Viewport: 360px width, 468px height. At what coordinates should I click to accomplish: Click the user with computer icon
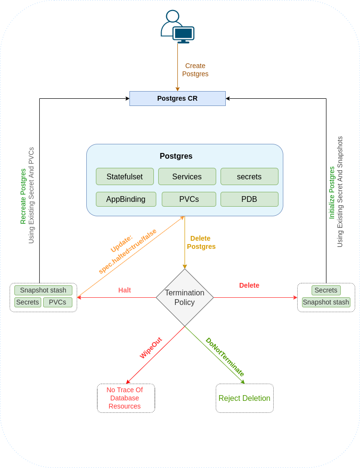tap(177, 27)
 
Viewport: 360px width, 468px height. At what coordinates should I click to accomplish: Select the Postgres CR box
tap(177, 98)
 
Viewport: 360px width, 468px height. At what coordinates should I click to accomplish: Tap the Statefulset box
tap(125, 176)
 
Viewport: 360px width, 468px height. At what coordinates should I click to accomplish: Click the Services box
tap(187, 176)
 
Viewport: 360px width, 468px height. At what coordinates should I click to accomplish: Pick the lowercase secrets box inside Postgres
tap(249, 176)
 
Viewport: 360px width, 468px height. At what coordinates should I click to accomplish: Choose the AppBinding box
tap(126, 199)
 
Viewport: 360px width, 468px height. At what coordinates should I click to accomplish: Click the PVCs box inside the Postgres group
tap(189, 199)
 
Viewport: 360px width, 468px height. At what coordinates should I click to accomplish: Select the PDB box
tap(249, 199)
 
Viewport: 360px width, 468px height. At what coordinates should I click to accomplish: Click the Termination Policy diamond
tap(185, 297)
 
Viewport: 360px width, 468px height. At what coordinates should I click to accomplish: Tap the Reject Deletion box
tap(244, 398)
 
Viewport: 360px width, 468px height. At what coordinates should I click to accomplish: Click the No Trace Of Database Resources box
tap(126, 398)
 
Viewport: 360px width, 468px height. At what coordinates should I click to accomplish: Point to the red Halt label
tap(125, 290)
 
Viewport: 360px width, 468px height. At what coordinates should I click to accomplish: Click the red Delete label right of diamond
tap(249, 285)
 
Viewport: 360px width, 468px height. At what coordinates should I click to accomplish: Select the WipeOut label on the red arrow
tap(151, 348)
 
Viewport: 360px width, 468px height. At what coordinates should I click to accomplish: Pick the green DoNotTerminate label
tap(225, 357)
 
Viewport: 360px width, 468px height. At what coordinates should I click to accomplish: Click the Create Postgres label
tap(195, 70)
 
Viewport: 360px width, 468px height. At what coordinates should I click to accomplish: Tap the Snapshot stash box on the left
tap(43, 290)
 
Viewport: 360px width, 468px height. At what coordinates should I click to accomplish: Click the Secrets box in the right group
tap(326, 290)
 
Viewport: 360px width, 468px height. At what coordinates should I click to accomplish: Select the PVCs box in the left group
tap(58, 302)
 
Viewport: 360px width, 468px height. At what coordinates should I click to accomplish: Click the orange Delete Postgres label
tap(201, 242)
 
